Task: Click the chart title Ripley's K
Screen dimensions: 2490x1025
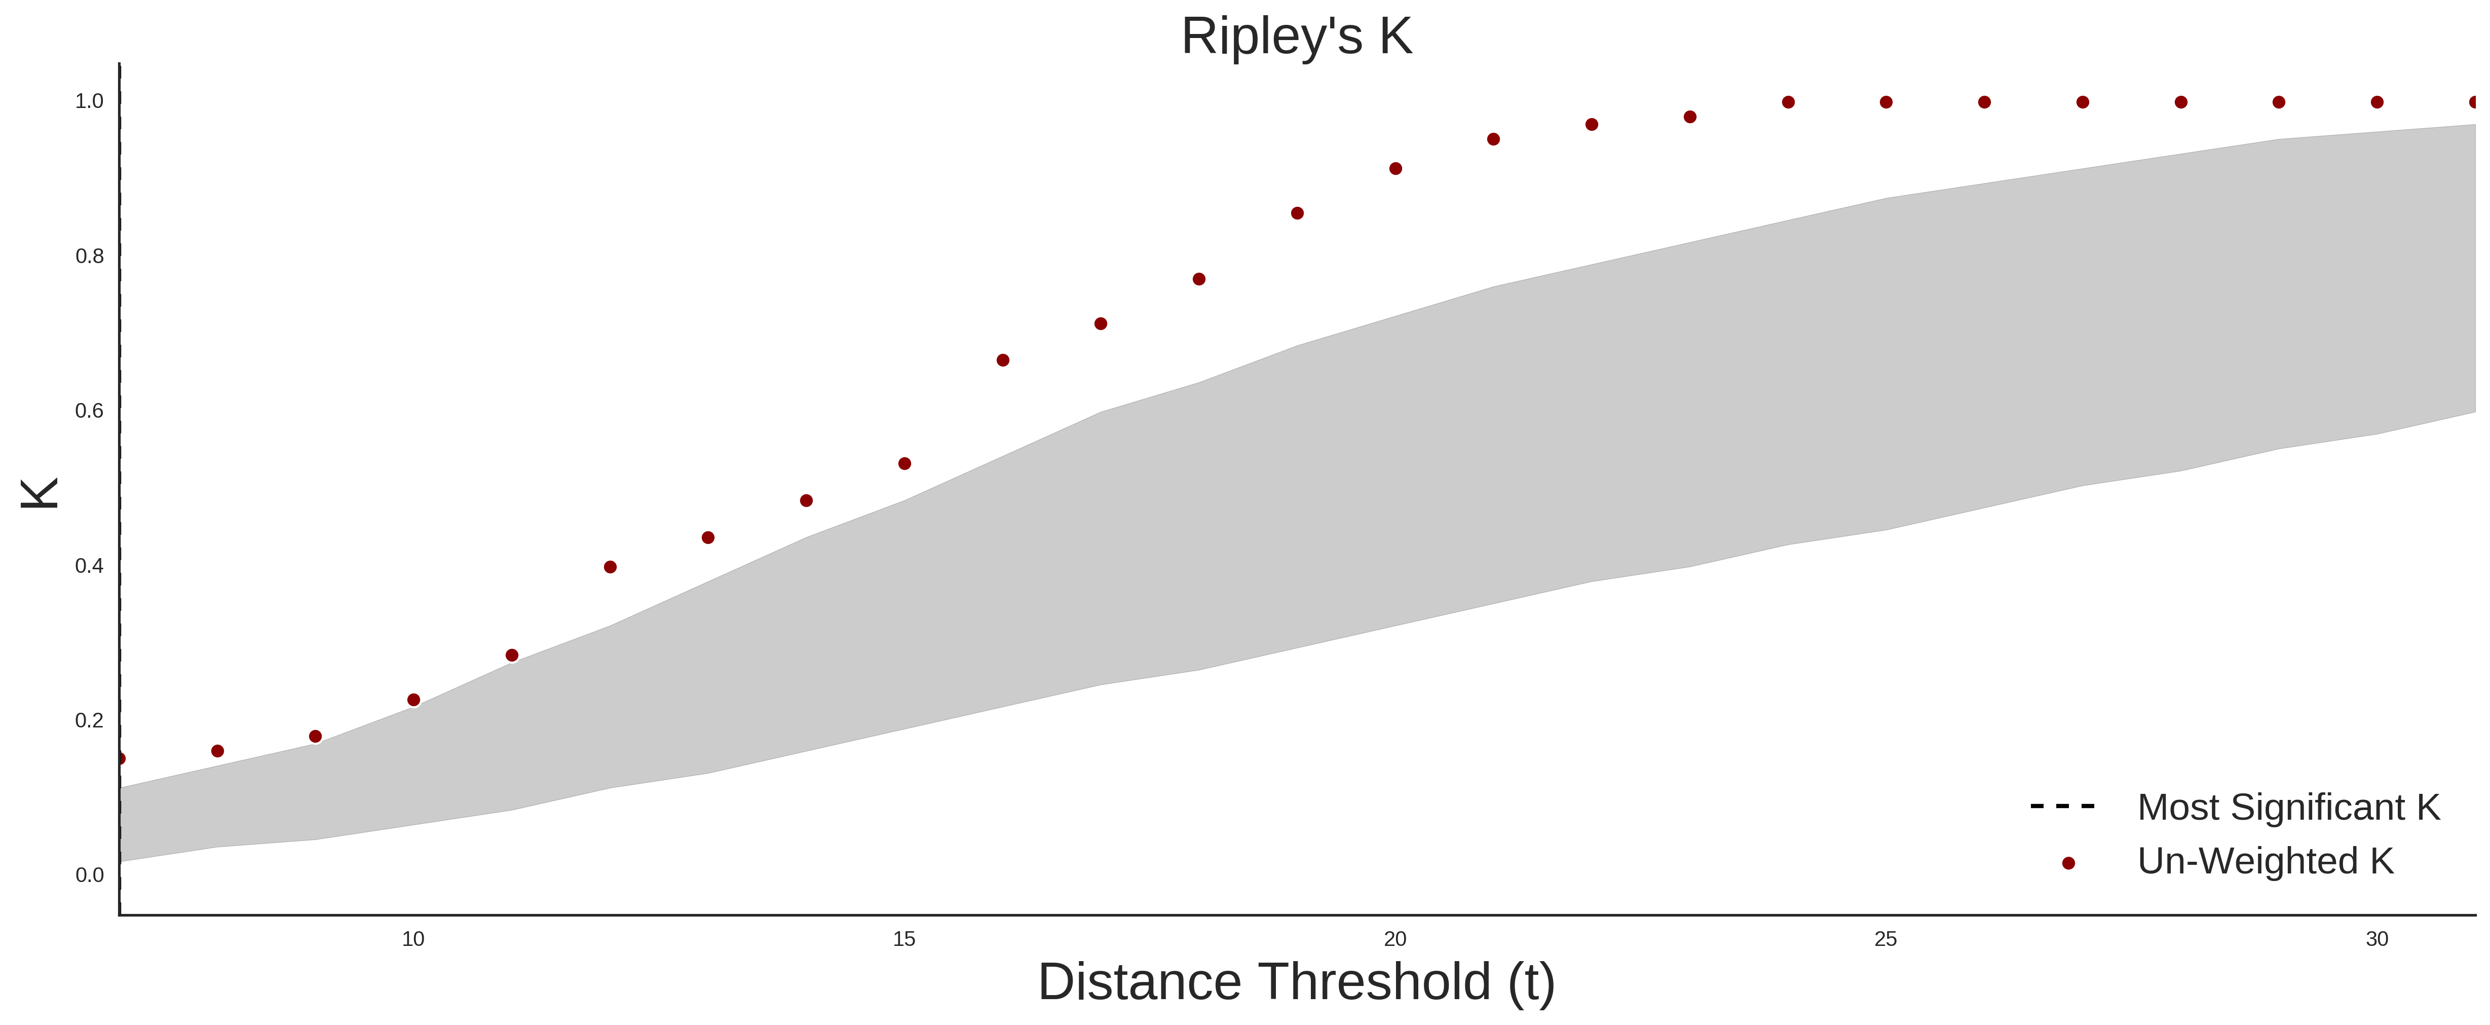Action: point(1296,36)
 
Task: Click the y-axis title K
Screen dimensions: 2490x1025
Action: point(40,493)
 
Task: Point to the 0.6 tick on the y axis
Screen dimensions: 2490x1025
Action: point(89,411)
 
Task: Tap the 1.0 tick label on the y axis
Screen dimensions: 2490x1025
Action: point(89,101)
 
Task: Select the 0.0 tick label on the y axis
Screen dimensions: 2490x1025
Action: point(89,875)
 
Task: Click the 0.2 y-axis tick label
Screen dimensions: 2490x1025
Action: point(89,720)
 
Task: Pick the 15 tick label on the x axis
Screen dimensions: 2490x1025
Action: point(904,939)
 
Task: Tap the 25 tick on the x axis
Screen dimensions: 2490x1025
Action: point(1886,939)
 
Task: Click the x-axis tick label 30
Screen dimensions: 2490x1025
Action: point(2377,939)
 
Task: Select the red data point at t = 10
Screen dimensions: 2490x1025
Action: point(413,700)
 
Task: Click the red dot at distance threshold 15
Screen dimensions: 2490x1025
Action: point(905,464)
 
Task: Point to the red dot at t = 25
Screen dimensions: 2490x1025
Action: point(1886,102)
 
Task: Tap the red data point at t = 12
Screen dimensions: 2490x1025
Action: point(610,568)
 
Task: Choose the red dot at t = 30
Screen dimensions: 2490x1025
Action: point(2377,102)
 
